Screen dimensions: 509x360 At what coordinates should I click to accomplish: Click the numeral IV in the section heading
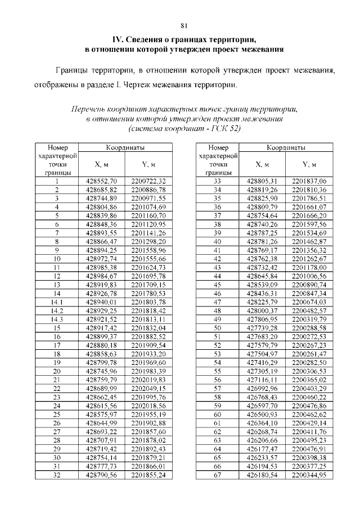(118, 39)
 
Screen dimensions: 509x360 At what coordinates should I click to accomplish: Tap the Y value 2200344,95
(309, 475)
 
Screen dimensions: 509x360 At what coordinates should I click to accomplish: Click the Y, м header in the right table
(309, 164)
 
